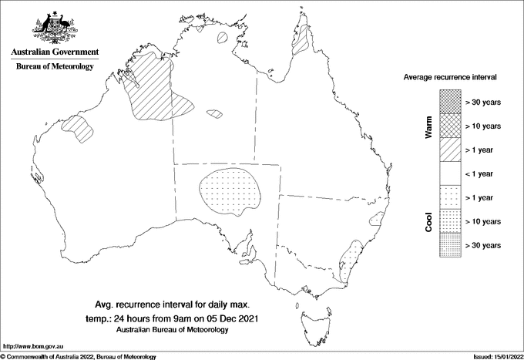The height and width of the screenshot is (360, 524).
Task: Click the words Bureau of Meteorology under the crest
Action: [55, 67]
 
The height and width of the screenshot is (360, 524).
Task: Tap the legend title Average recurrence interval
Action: [450, 78]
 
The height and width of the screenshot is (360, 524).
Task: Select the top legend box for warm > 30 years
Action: [450, 101]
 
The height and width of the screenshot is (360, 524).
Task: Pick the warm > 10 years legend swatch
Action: [450, 125]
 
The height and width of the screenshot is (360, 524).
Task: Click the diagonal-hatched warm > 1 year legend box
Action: [450, 149]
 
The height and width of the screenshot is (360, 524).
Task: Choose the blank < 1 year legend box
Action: [450, 173]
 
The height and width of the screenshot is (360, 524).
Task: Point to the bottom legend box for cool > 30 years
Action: [450, 244]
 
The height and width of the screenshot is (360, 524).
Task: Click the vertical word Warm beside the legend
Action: [428, 129]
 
